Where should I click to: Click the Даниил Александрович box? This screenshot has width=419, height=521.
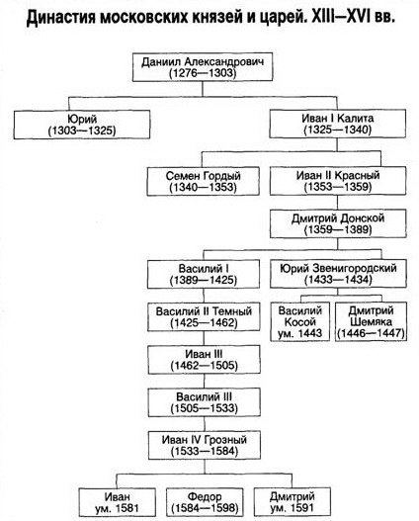[203, 67]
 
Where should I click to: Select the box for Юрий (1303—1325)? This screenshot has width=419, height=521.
[82, 125]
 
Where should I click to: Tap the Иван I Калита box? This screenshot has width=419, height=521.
[337, 124]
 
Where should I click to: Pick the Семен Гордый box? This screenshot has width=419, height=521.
[204, 181]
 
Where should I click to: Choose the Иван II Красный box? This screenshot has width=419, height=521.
[338, 181]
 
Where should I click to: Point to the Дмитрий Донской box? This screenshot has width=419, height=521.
[338, 223]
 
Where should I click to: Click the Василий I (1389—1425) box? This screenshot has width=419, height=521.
[204, 274]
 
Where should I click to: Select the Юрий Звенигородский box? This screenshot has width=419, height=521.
[338, 274]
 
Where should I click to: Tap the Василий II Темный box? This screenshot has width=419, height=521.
[204, 316]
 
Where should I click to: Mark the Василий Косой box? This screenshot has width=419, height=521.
[299, 321]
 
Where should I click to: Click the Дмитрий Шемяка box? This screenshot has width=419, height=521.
[371, 321]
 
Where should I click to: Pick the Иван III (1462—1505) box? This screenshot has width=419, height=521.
[205, 360]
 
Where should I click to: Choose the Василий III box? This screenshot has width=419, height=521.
[205, 402]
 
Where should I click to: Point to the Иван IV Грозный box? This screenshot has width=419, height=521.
[205, 445]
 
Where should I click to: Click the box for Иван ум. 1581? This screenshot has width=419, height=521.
[118, 502]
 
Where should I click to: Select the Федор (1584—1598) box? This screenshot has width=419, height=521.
[205, 502]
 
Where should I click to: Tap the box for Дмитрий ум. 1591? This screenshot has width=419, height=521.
[293, 502]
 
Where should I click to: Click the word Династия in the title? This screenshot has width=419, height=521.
[60, 17]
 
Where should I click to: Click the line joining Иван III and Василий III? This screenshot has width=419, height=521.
[205, 382]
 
